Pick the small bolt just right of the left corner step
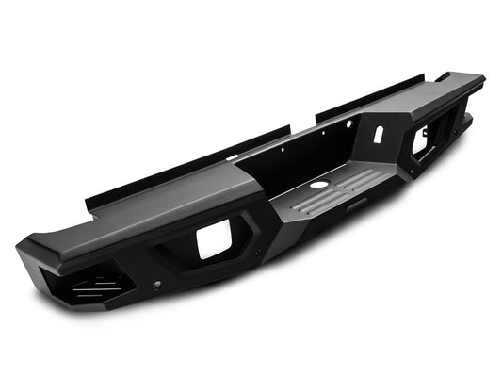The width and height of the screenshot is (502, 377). (x=155, y=284)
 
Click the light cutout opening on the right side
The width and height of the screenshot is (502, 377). (x=420, y=140)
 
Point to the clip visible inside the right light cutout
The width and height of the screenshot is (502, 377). (x=417, y=146)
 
